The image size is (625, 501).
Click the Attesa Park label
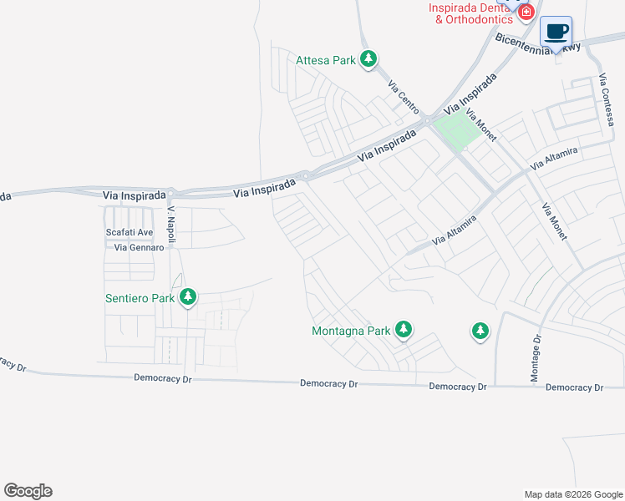(x=325, y=60)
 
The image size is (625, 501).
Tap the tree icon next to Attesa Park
(x=368, y=59)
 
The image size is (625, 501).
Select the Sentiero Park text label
(x=139, y=297)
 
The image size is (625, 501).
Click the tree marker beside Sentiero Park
(x=188, y=296)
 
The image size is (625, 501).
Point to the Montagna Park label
(x=351, y=331)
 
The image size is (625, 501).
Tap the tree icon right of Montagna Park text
(x=404, y=330)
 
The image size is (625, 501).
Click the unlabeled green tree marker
(x=480, y=331)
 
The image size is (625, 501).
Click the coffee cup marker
(x=556, y=32)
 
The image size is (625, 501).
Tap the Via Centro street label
(x=403, y=97)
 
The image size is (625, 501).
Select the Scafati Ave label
(x=130, y=232)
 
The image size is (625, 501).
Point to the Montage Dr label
(x=536, y=359)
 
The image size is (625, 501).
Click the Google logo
(x=28, y=491)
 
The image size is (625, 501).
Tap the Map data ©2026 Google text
(x=573, y=494)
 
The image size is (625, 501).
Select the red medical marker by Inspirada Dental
(x=526, y=12)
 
